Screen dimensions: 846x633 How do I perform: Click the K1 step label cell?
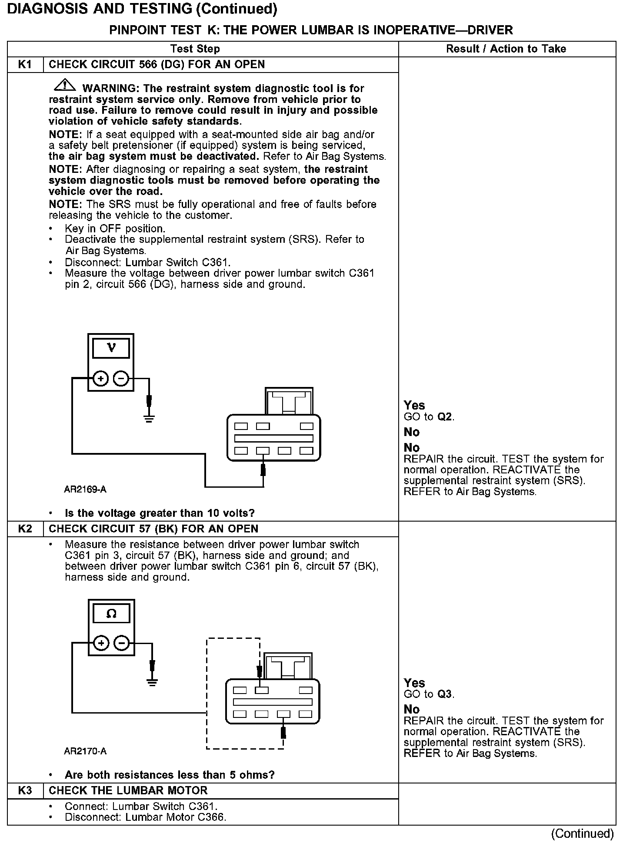(x=25, y=65)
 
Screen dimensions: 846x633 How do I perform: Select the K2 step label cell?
(x=25, y=529)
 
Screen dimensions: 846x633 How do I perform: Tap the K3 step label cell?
(x=25, y=790)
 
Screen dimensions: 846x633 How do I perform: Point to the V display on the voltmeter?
(x=111, y=348)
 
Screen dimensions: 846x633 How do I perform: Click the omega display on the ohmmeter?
(x=111, y=614)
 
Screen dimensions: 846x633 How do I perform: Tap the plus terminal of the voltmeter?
(x=100, y=379)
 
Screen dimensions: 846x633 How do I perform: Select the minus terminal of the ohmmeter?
(x=122, y=643)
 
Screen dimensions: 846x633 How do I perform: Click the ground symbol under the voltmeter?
(x=149, y=419)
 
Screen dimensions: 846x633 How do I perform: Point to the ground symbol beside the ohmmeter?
(x=152, y=683)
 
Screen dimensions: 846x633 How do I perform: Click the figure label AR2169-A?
(x=85, y=489)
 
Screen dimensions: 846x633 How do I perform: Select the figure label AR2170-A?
(x=85, y=751)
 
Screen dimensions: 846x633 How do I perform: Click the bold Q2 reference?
(x=445, y=417)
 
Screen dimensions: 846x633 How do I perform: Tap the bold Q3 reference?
(x=445, y=694)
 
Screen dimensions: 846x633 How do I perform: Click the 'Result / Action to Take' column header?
(x=506, y=49)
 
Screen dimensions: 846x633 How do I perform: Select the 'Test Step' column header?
(x=195, y=49)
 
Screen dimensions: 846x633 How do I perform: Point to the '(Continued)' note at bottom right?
(x=583, y=833)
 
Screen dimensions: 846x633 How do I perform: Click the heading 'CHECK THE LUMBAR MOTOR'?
(x=128, y=790)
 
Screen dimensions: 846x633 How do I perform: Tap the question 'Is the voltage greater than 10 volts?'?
(x=160, y=513)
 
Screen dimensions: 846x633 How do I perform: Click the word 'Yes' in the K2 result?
(x=414, y=683)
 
